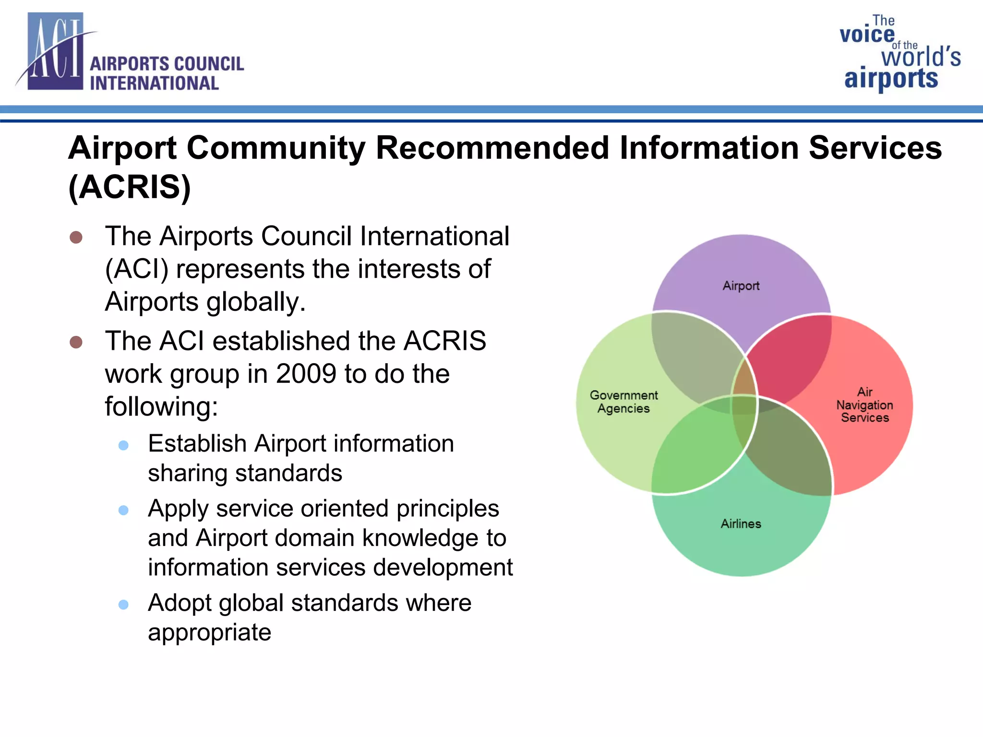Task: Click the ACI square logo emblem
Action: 55,52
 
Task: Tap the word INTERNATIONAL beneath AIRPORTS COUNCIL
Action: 154,83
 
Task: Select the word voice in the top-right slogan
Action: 867,35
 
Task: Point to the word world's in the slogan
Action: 921,57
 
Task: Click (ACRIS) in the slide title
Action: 130,187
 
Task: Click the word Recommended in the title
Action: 493,148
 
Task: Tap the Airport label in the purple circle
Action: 741,286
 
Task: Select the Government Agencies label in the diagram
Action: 623,402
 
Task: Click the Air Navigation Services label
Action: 864,405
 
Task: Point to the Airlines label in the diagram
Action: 741,524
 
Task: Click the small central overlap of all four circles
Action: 743,404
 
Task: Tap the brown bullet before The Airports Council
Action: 76,237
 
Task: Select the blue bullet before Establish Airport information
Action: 123,445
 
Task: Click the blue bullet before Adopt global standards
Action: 123,605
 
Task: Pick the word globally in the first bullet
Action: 256,302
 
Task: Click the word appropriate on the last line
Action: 209,633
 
